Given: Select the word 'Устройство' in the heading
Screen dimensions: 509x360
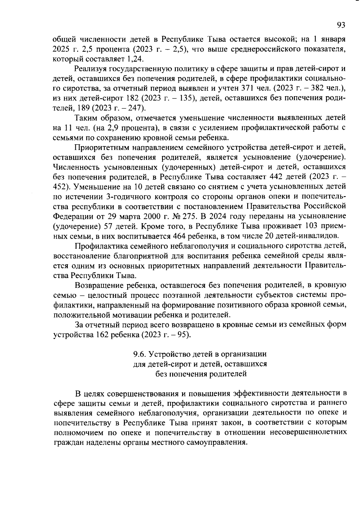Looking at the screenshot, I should (169, 354).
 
